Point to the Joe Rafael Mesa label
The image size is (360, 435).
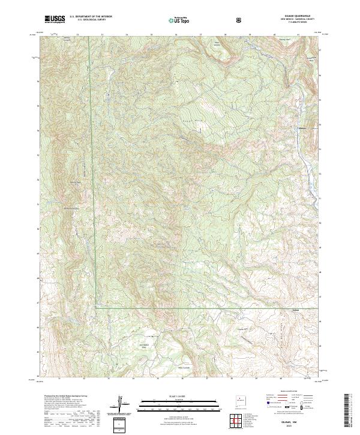coord(144,345)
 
